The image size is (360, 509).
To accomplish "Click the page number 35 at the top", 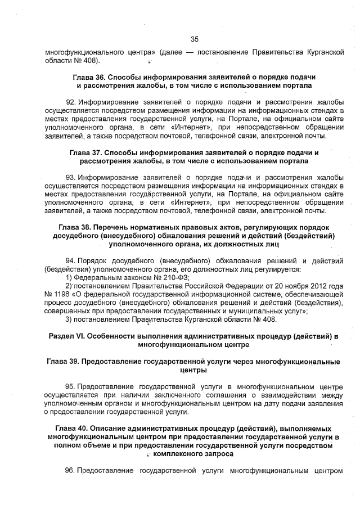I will (x=195, y=39).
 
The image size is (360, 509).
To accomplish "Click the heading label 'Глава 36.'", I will (x=89, y=76).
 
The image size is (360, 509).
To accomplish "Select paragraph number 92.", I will (x=71, y=101).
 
